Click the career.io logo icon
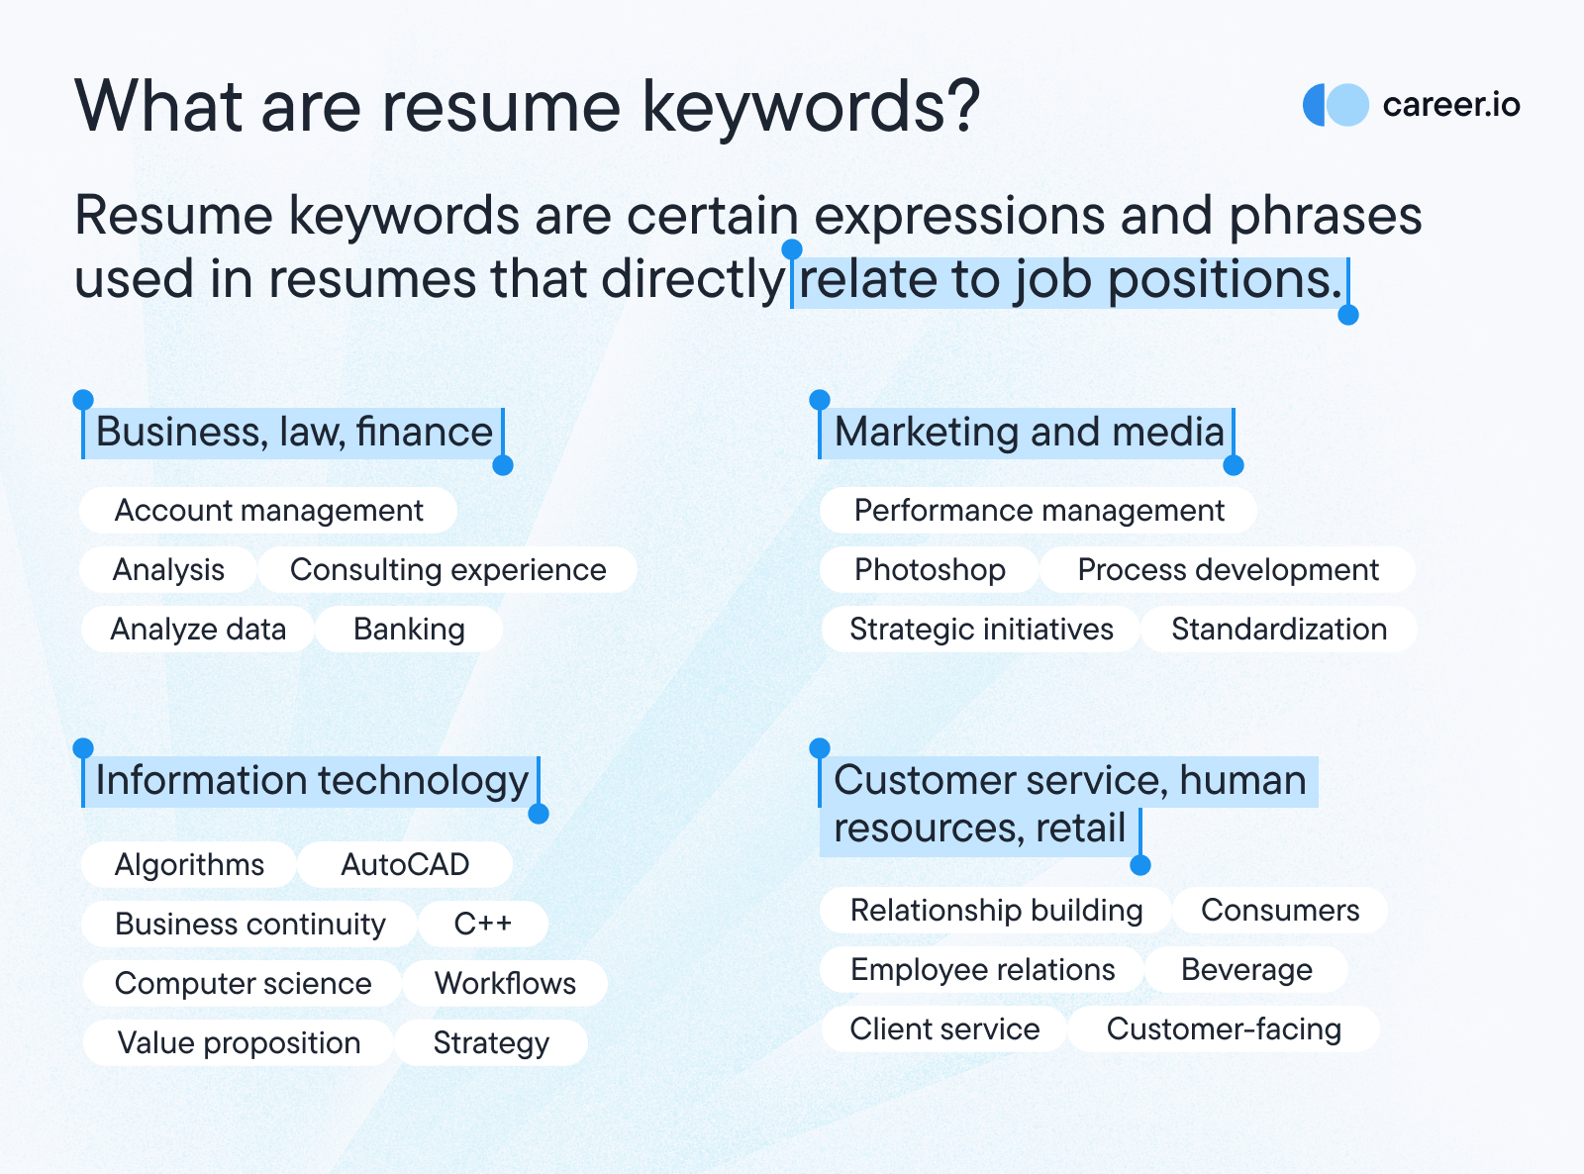[x=1336, y=105]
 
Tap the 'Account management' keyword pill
[x=268, y=510]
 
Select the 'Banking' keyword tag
[x=409, y=630]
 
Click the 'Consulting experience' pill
[x=447, y=570]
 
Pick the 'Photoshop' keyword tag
[x=930, y=570]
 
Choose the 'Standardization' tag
[x=1278, y=630]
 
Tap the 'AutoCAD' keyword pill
[x=405, y=865]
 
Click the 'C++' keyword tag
[x=483, y=925]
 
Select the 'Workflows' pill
[x=505, y=983]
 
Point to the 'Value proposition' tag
[x=239, y=1042]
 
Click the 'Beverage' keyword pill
[x=1246, y=970]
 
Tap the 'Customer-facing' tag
[x=1224, y=1029]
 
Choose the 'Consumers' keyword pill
[x=1280, y=911]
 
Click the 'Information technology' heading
[x=312, y=781]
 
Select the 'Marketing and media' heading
[x=1029, y=432]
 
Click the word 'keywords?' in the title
[x=811, y=106]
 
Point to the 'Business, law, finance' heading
[x=293, y=432]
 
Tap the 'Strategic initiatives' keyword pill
[x=980, y=630]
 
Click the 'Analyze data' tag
[x=198, y=630]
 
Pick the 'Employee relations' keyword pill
[x=982, y=970]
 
